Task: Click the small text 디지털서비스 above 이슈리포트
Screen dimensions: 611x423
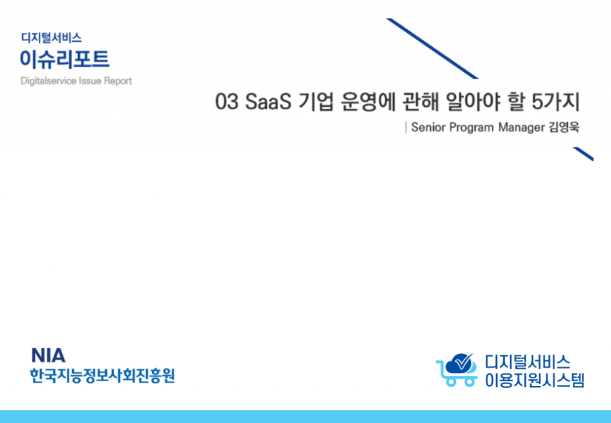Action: click(51, 38)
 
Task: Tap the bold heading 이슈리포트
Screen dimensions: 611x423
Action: click(64, 59)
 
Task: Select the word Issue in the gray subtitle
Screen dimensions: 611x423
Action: click(91, 81)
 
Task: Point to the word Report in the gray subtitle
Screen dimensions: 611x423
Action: click(118, 81)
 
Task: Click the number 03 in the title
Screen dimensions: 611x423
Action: click(227, 101)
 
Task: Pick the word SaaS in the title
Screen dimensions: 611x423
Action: click(269, 101)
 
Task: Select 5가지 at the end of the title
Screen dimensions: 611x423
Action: click(556, 101)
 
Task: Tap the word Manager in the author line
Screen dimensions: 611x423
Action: click(521, 128)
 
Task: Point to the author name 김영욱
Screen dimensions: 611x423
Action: click(564, 127)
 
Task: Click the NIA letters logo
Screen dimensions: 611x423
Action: click(48, 355)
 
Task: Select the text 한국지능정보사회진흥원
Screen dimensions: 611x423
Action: click(103, 375)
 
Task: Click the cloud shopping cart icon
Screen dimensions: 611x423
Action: click(456, 370)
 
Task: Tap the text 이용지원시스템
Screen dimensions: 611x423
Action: click(535, 380)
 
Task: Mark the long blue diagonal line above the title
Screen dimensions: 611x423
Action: click(432, 48)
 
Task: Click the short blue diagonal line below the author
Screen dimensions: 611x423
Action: click(583, 154)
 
